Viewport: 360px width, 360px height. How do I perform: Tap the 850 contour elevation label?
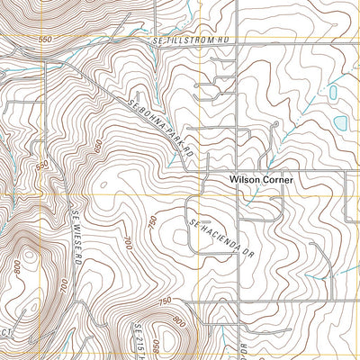160,346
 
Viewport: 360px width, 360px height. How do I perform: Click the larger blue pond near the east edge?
342,121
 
